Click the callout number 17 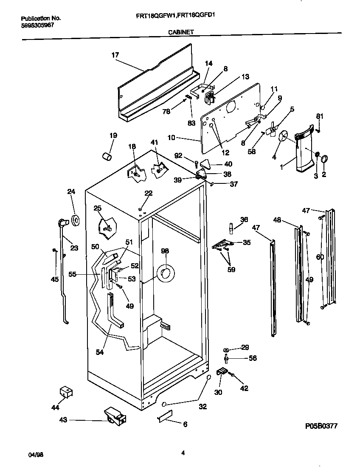pyautogui.click(x=115, y=55)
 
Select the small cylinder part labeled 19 pyautogui.click(x=107, y=156)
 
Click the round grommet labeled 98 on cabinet pyautogui.click(x=165, y=274)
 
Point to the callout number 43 pyautogui.click(x=63, y=420)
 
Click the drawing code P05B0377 pyautogui.click(x=321, y=426)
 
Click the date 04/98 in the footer pyautogui.click(x=36, y=454)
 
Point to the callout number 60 pyautogui.click(x=320, y=257)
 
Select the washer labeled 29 pyautogui.click(x=227, y=349)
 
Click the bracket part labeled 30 pyautogui.click(x=222, y=373)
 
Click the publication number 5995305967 pyautogui.click(x=38, y=25)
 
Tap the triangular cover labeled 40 pyautogui.click(x=205, y=163)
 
